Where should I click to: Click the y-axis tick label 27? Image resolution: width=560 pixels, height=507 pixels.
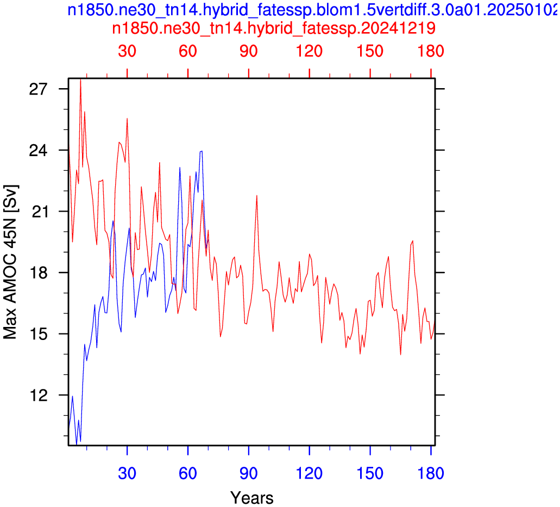(38, 89)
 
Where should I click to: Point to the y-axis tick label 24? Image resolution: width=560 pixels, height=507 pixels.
(38, 150)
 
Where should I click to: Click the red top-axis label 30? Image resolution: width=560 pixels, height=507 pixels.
(127, 51)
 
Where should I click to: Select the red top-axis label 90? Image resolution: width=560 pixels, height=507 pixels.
(249, 51)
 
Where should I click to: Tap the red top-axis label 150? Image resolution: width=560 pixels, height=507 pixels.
(370, 51)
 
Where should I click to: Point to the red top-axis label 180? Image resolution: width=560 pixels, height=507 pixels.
(431, 51)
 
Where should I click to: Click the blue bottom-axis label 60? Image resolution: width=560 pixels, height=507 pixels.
(188, 473)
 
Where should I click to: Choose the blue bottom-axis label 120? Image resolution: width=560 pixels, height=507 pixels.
(309, 473)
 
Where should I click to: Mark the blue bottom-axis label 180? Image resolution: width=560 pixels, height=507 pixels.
(431, 473)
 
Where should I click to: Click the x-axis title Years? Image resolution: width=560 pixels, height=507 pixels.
(252, 498)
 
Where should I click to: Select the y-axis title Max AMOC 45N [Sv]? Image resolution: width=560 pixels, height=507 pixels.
(10, 262)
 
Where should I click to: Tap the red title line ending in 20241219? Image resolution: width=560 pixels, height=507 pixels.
(274, 28)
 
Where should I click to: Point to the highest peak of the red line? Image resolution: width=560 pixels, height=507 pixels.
(81, 79)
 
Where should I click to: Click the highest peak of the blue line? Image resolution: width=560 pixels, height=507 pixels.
(202, 151)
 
